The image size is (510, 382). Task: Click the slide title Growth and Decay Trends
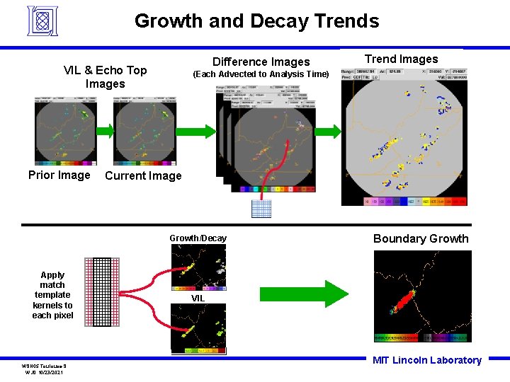(256, 21)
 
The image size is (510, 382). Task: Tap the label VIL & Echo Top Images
(105, 76)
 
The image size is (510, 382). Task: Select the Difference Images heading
(261, 62)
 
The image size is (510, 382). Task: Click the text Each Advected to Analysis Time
(261, 74)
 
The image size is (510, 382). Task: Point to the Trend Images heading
(401, 59)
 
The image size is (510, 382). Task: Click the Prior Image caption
(59, 175)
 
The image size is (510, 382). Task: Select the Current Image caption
(143, 176)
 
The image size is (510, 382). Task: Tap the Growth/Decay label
(198, 238)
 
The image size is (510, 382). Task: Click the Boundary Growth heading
(421, 238)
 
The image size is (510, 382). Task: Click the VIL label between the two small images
(198, 299)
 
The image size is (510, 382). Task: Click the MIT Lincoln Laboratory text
(426, 360)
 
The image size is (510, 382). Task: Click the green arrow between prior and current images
(103, 130)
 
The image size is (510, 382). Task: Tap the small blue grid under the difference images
(261, 208)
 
